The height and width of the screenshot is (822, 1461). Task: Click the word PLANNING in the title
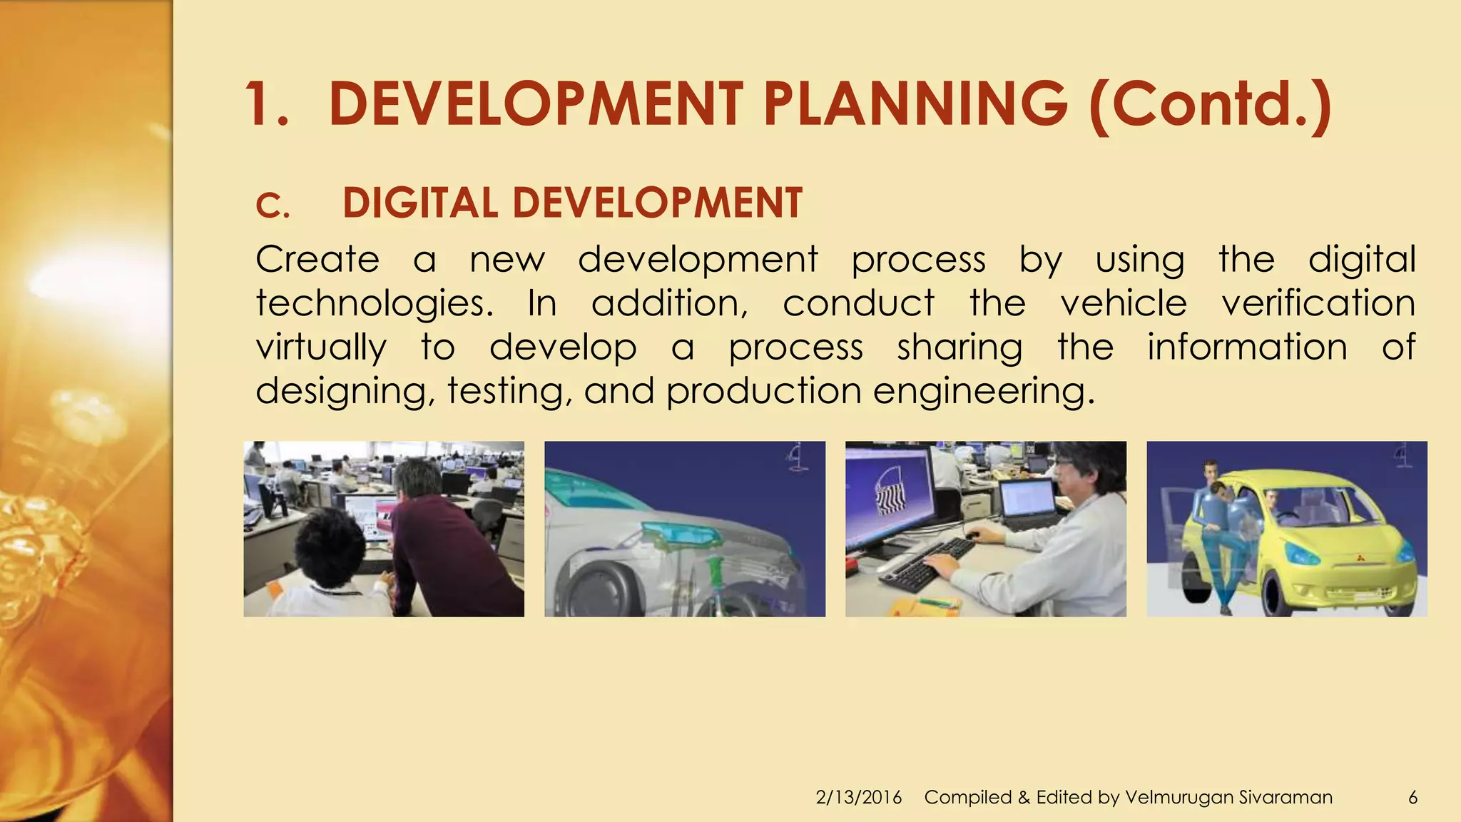[915, 104]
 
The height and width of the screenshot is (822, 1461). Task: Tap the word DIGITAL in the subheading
[419, 203]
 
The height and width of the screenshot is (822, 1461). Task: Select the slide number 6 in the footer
[1412, 797]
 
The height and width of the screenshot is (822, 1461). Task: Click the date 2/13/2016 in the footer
[858, 797]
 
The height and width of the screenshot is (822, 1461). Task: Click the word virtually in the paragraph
[321, 347]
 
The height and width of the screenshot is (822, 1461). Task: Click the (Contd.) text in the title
[1210, 104]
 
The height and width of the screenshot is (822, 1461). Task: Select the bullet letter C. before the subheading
[273, 207]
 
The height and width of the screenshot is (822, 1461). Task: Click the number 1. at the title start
[267, 104]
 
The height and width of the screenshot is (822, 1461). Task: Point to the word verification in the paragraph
[1318, 304]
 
